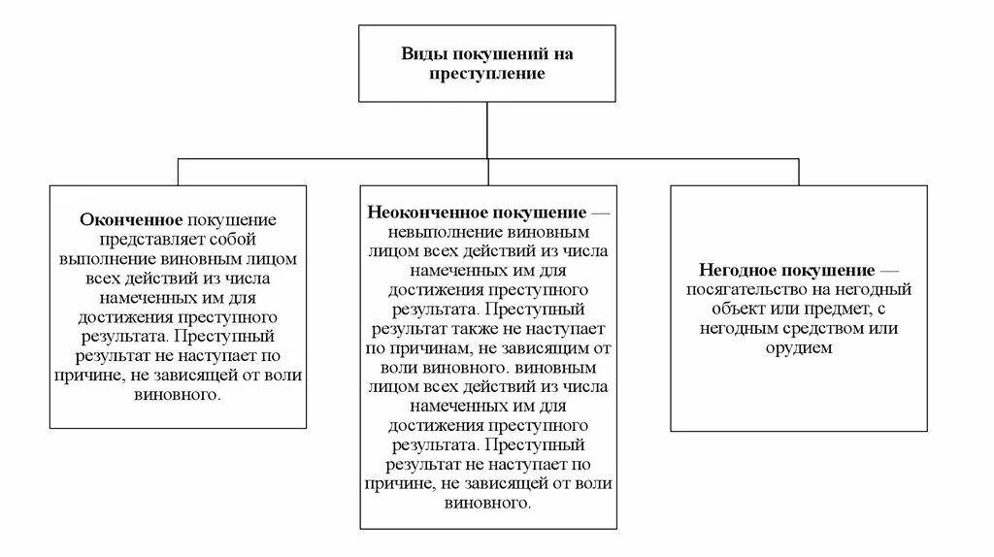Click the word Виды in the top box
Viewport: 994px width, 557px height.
[x=424, y=54]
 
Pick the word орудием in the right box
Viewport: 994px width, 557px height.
[x=800, y=347]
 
